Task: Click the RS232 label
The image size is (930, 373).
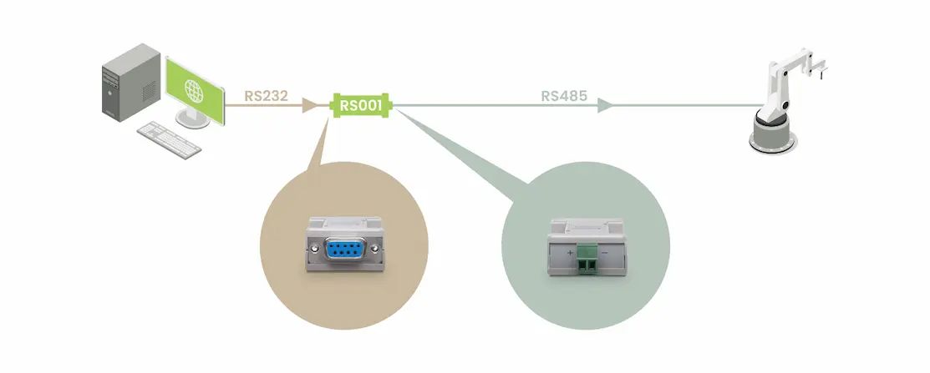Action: (266, 95)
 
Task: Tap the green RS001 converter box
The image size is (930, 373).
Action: (362, 105)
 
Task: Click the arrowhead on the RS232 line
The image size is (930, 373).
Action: (310, 105)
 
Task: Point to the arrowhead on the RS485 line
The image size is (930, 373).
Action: (607, 105)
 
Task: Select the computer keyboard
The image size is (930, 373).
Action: (169, 139)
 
